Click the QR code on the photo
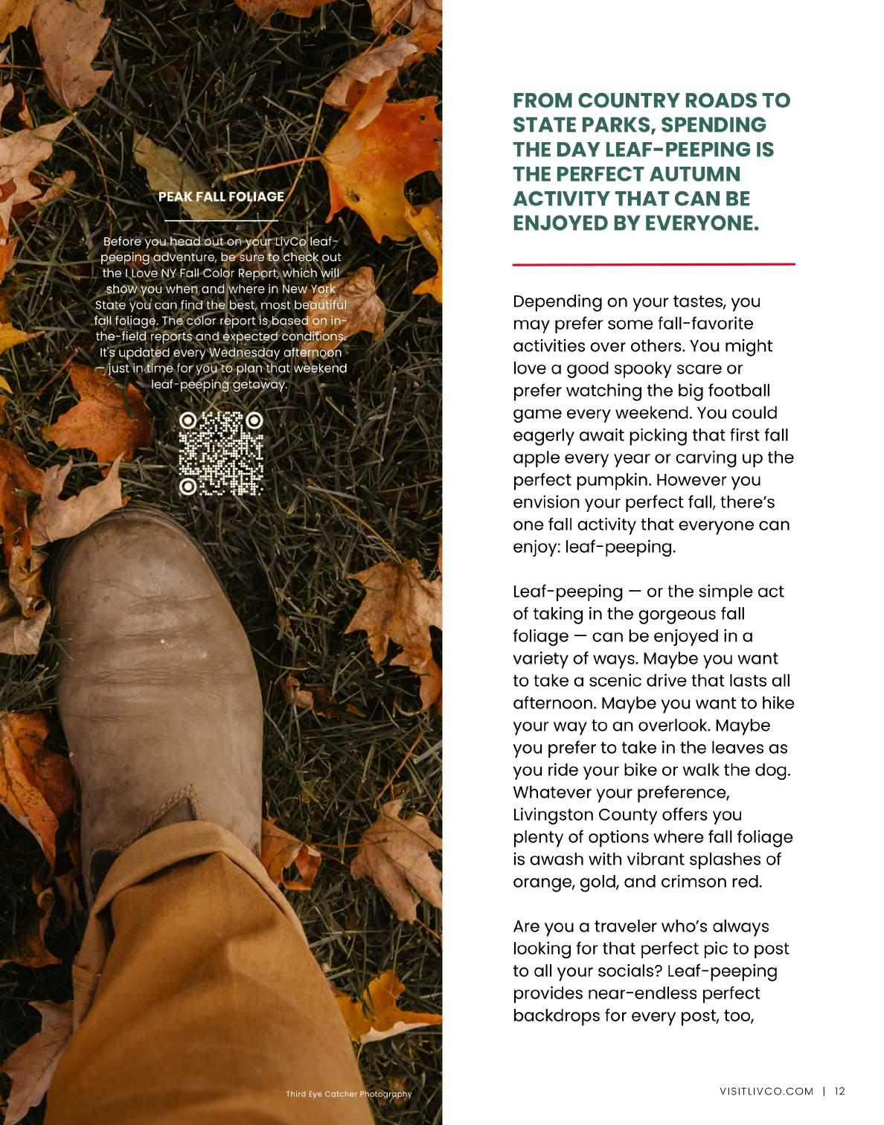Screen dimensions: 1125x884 (x=221, y=453)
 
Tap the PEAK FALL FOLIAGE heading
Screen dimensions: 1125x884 (x=221, y=196)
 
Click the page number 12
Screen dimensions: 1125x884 (x=840, y=1092)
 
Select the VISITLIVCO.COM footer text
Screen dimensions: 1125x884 (x=766, y=1092)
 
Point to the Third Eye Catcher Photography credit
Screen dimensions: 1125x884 (x=348, y=1094)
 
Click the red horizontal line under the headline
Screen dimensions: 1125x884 (x=653, y=264)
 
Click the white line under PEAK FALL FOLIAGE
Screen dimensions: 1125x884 (x=221, y=221)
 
